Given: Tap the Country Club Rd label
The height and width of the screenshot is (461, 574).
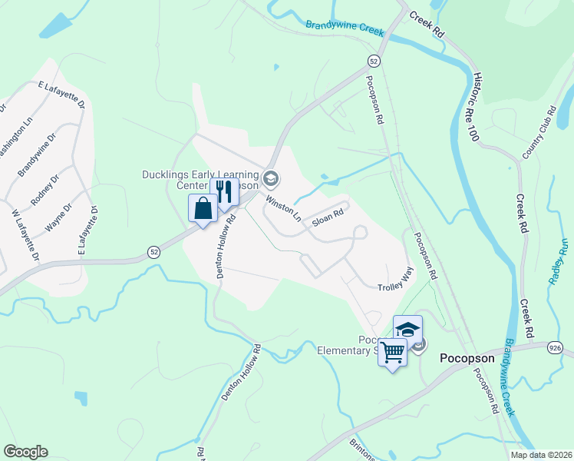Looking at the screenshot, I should coord(539,134).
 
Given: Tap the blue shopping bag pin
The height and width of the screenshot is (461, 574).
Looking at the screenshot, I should coord(203,208).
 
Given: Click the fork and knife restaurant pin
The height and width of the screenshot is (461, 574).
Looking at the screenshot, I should coord(224,191).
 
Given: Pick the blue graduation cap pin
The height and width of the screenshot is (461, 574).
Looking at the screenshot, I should coord(407,329).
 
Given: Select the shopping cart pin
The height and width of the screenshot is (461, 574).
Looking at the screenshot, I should coord(392,353).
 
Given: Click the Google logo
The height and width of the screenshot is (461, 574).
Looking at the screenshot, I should coord(25,451).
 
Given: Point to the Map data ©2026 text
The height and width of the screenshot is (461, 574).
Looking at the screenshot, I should coord(540,455).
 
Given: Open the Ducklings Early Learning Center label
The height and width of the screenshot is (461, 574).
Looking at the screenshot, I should coord(200,180).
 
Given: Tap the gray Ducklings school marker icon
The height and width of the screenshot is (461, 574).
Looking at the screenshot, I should coord(270,180).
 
